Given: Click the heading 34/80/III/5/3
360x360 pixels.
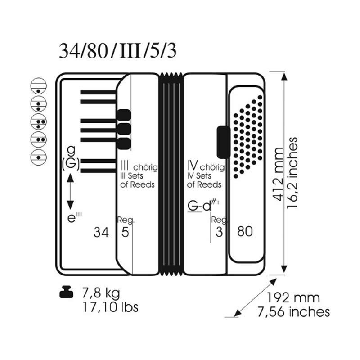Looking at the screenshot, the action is (x=117, y=51).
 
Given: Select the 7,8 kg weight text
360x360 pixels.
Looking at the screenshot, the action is (x=101, y=293).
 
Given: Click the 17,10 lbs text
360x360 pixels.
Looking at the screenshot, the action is (x=110, y=307).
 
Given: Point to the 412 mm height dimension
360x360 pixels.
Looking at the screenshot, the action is (x=279, y=175).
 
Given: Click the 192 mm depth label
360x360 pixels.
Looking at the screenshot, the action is (x=293, y=298).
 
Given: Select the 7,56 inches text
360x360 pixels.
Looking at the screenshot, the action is (x=294, y=312).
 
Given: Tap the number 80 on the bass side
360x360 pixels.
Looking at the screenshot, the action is (x=245, y=231).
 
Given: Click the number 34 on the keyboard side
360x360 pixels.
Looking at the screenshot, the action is (x=101, y=232).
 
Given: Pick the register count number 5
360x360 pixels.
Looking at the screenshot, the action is (x=125, y=232).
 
